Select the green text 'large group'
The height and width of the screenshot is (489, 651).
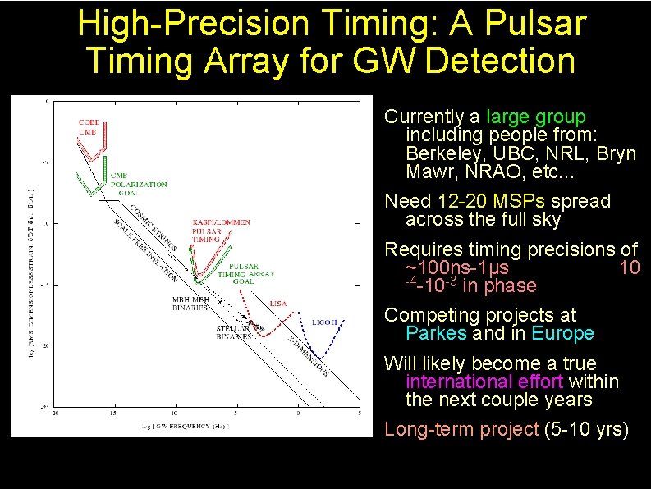click(535, 117)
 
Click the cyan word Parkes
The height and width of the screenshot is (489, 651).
click(436, 333)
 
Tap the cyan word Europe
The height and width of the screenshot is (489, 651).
click(562, 333)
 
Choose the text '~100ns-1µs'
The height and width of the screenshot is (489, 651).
click(456, 268)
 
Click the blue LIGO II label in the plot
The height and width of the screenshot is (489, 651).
click(324, 322)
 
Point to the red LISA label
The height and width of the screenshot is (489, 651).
click(278, 304)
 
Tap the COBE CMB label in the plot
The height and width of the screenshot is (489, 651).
click(89, 127)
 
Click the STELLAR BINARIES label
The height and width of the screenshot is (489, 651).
click(235, 331)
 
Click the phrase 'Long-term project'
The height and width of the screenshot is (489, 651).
click(461, 429)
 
